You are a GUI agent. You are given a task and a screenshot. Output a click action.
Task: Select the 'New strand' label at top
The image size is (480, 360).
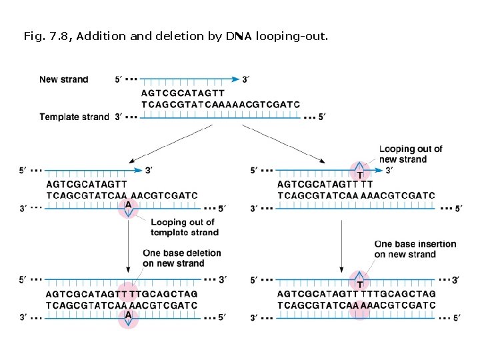[63, 79]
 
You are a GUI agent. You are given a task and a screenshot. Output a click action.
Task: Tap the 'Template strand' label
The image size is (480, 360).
[73, 117]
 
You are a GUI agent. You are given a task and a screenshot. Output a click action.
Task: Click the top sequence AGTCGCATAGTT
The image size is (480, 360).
[183, 93]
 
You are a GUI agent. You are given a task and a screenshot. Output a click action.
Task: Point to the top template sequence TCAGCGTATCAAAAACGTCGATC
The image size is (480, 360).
[221, 105]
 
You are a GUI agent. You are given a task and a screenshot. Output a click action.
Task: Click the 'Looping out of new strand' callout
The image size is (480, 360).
[410, 154]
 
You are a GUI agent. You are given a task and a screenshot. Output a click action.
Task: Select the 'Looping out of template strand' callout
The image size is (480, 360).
[184, 227]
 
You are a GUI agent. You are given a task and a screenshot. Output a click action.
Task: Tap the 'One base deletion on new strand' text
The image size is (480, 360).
[181, 258]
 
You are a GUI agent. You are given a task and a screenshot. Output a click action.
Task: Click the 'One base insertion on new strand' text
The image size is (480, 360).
[415, 249]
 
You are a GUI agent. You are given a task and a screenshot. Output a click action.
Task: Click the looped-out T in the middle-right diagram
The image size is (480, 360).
[359, 175]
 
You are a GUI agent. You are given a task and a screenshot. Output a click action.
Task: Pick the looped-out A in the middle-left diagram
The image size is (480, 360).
[128, 205]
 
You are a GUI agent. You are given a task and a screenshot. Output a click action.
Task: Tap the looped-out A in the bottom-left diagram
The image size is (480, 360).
[128, 315]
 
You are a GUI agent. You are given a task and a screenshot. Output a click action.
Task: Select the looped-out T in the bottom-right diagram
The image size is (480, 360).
[359, 284]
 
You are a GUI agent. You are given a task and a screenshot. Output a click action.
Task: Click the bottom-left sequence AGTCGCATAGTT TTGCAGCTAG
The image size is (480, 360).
[121, 294]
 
